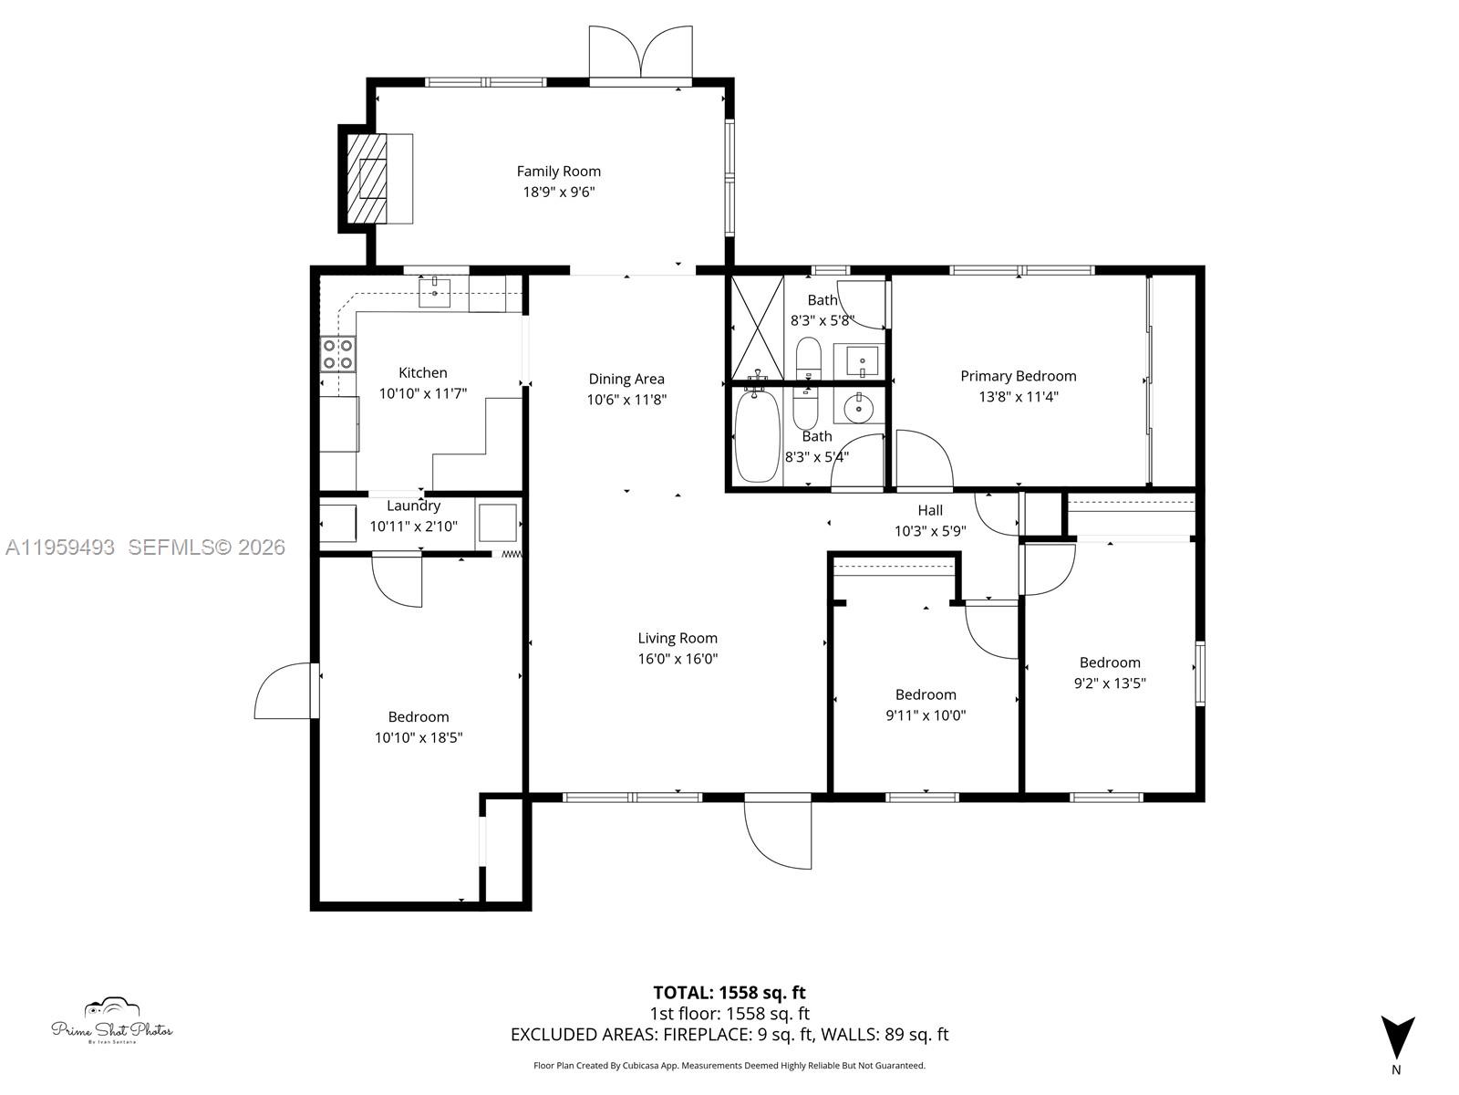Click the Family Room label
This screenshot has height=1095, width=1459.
pyautogui.click(x=558, y=172)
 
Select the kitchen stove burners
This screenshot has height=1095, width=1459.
pyautogui.click(x=337, y=354)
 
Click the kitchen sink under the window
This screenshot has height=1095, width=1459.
pyautogui.click(x=435, y=292)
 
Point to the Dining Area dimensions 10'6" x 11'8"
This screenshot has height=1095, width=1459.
pyautogui.click(x=626, y=400)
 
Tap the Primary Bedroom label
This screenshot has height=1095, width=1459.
pyautogui.click(x=1018, y=376)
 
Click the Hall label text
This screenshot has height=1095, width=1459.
pyautogui.click(x=930, y=511)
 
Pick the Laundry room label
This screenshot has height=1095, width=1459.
pyautogui.click(x=413, y=506)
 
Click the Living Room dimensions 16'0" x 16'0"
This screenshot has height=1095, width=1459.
pyautogui.click(x=678, y=659)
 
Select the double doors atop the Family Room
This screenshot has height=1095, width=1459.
pyautogui.click(x=642, y=53)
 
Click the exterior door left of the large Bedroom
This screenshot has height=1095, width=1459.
pyautogui.click(x=285, y=692)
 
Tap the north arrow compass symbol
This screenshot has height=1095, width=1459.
pyautogui.click(x=1396, y=1038)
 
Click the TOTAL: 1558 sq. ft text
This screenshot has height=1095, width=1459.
pyautogui.click(x=729, y=993)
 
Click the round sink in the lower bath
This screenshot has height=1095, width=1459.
pyautogui.click(x=859, y=410)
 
